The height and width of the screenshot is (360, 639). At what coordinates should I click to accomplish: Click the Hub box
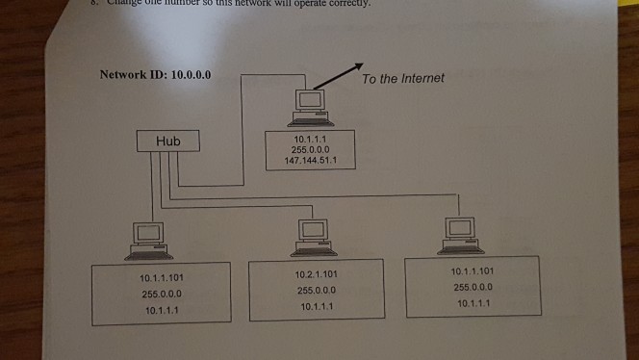pos(171,141)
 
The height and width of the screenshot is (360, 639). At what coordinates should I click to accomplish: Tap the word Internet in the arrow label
pos(423,78)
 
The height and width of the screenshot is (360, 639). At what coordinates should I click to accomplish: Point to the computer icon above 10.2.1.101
pos(312,235)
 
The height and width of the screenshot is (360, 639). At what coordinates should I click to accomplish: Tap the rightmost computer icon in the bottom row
pos(459,234)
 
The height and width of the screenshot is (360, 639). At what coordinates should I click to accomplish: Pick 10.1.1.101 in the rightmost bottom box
pos(473,270)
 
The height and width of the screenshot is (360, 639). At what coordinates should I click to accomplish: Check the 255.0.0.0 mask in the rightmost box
pos(473,286)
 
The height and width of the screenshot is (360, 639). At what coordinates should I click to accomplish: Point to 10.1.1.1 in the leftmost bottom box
pos(161,311)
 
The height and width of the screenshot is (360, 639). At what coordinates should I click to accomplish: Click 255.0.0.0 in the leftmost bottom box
pos(161,296)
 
